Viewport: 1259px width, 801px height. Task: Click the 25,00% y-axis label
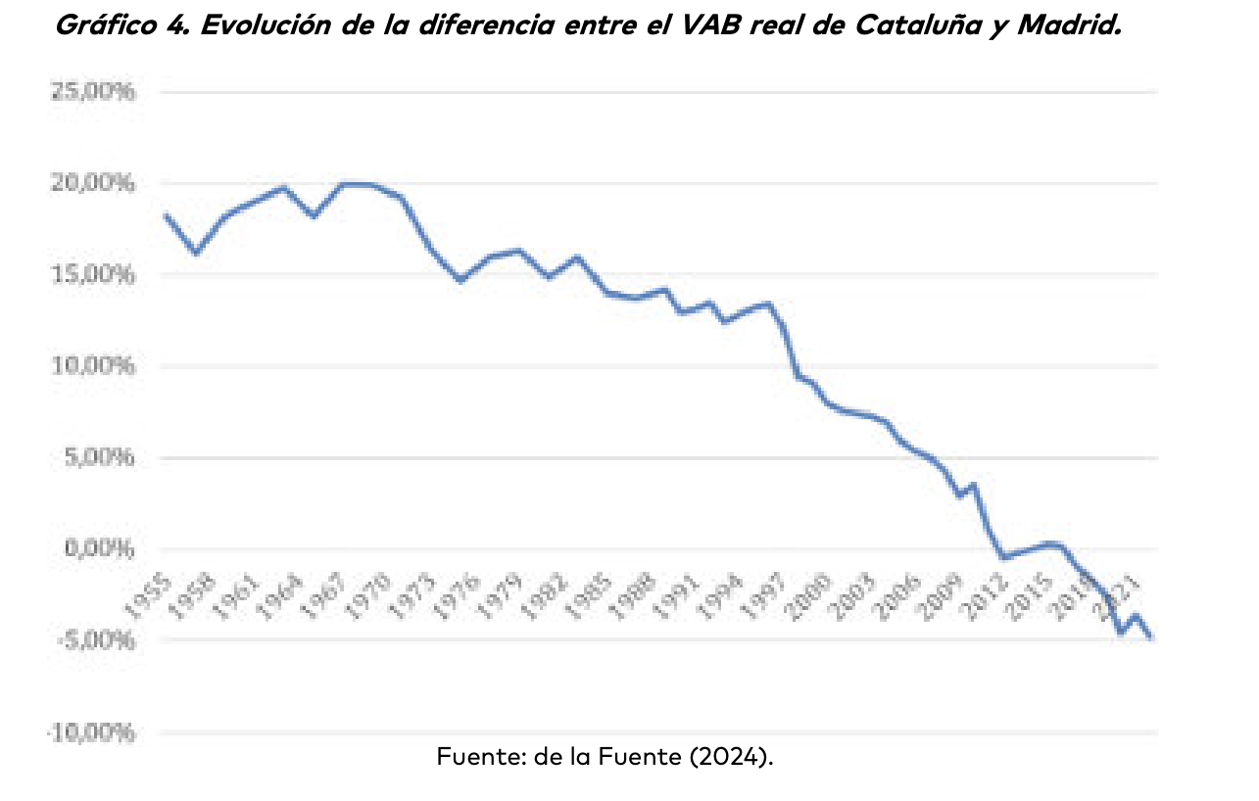(90, 93)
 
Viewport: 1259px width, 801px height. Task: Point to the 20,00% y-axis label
(90, 184)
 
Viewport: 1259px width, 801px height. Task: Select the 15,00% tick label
(90, 275)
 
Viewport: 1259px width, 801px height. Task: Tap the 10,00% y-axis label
(90, 366)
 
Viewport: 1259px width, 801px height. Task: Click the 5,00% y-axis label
(94, 457)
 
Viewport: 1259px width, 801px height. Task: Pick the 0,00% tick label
(94, 548)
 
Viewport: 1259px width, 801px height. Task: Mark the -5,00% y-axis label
(92, 640)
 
